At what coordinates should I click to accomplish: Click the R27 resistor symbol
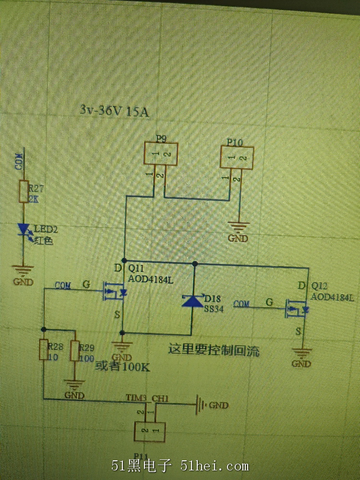point(23,192)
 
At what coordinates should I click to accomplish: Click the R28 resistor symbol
point(43,350)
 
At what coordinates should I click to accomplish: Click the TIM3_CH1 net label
point(147,398)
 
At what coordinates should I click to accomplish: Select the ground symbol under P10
point(239,226)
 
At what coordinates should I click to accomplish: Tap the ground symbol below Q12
point(301,354)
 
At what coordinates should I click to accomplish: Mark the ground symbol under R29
point(74,385)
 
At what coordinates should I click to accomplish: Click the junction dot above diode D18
point(195,264)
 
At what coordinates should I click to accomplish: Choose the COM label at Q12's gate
point(242,303)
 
